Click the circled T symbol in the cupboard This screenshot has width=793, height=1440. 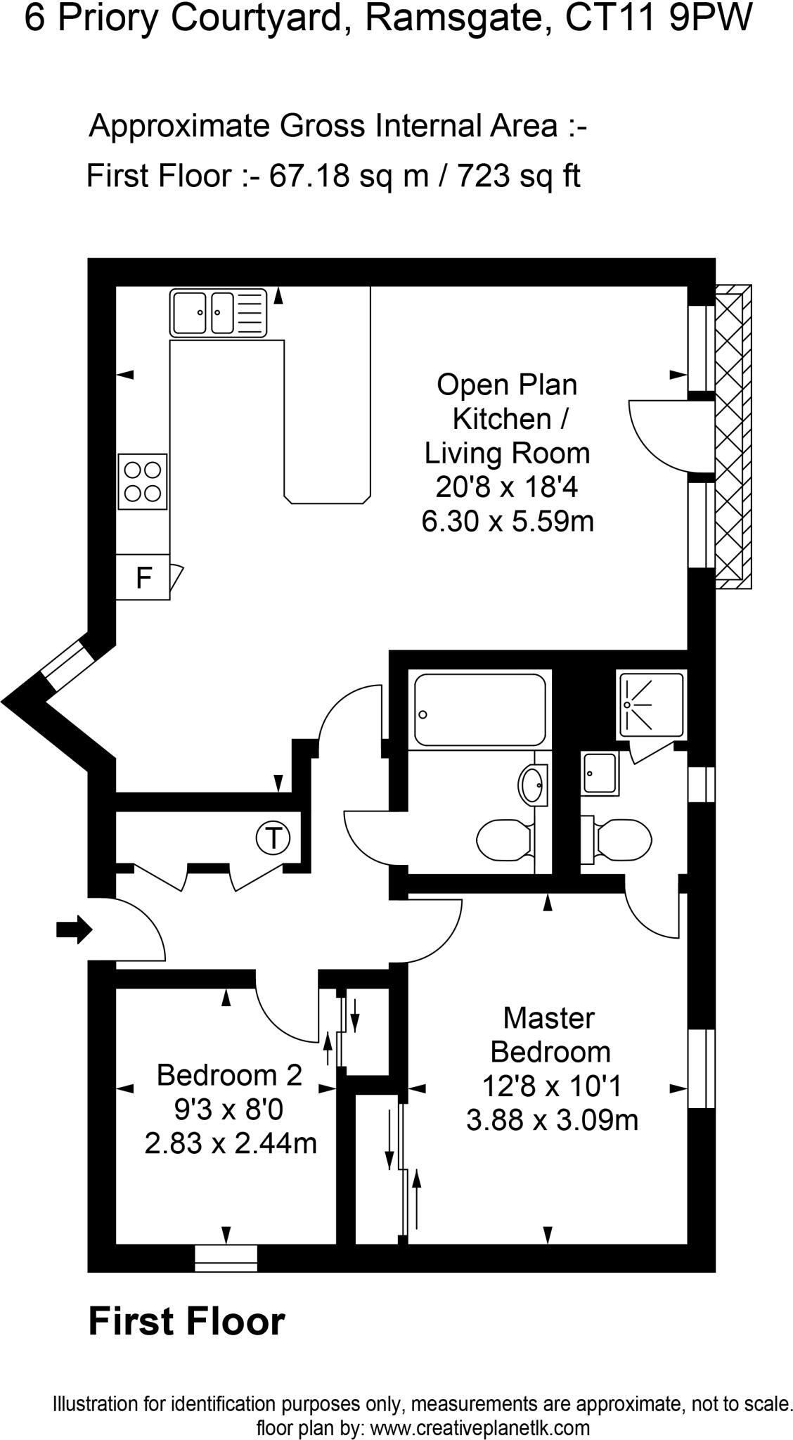coord(273,838)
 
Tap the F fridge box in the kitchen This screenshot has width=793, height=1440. coord(143,578)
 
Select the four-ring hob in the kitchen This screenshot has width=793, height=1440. coord(143,482)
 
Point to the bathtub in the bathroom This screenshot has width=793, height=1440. coord(479,709)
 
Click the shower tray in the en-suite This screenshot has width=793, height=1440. coord(650,705)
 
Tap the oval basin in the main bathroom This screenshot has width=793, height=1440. coord(532,784)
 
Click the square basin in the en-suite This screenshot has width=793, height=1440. coord(600,773)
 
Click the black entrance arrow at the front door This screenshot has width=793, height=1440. coord(74,930)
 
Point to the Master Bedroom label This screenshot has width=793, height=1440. coord(550,1035)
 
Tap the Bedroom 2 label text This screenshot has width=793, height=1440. coord(229,1075)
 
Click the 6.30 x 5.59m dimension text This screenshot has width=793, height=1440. coord(508,521)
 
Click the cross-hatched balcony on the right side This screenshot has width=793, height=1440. coord(733,436)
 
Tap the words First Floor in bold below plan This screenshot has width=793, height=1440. coord(186,1321)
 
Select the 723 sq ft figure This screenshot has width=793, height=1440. coord(519,175)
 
